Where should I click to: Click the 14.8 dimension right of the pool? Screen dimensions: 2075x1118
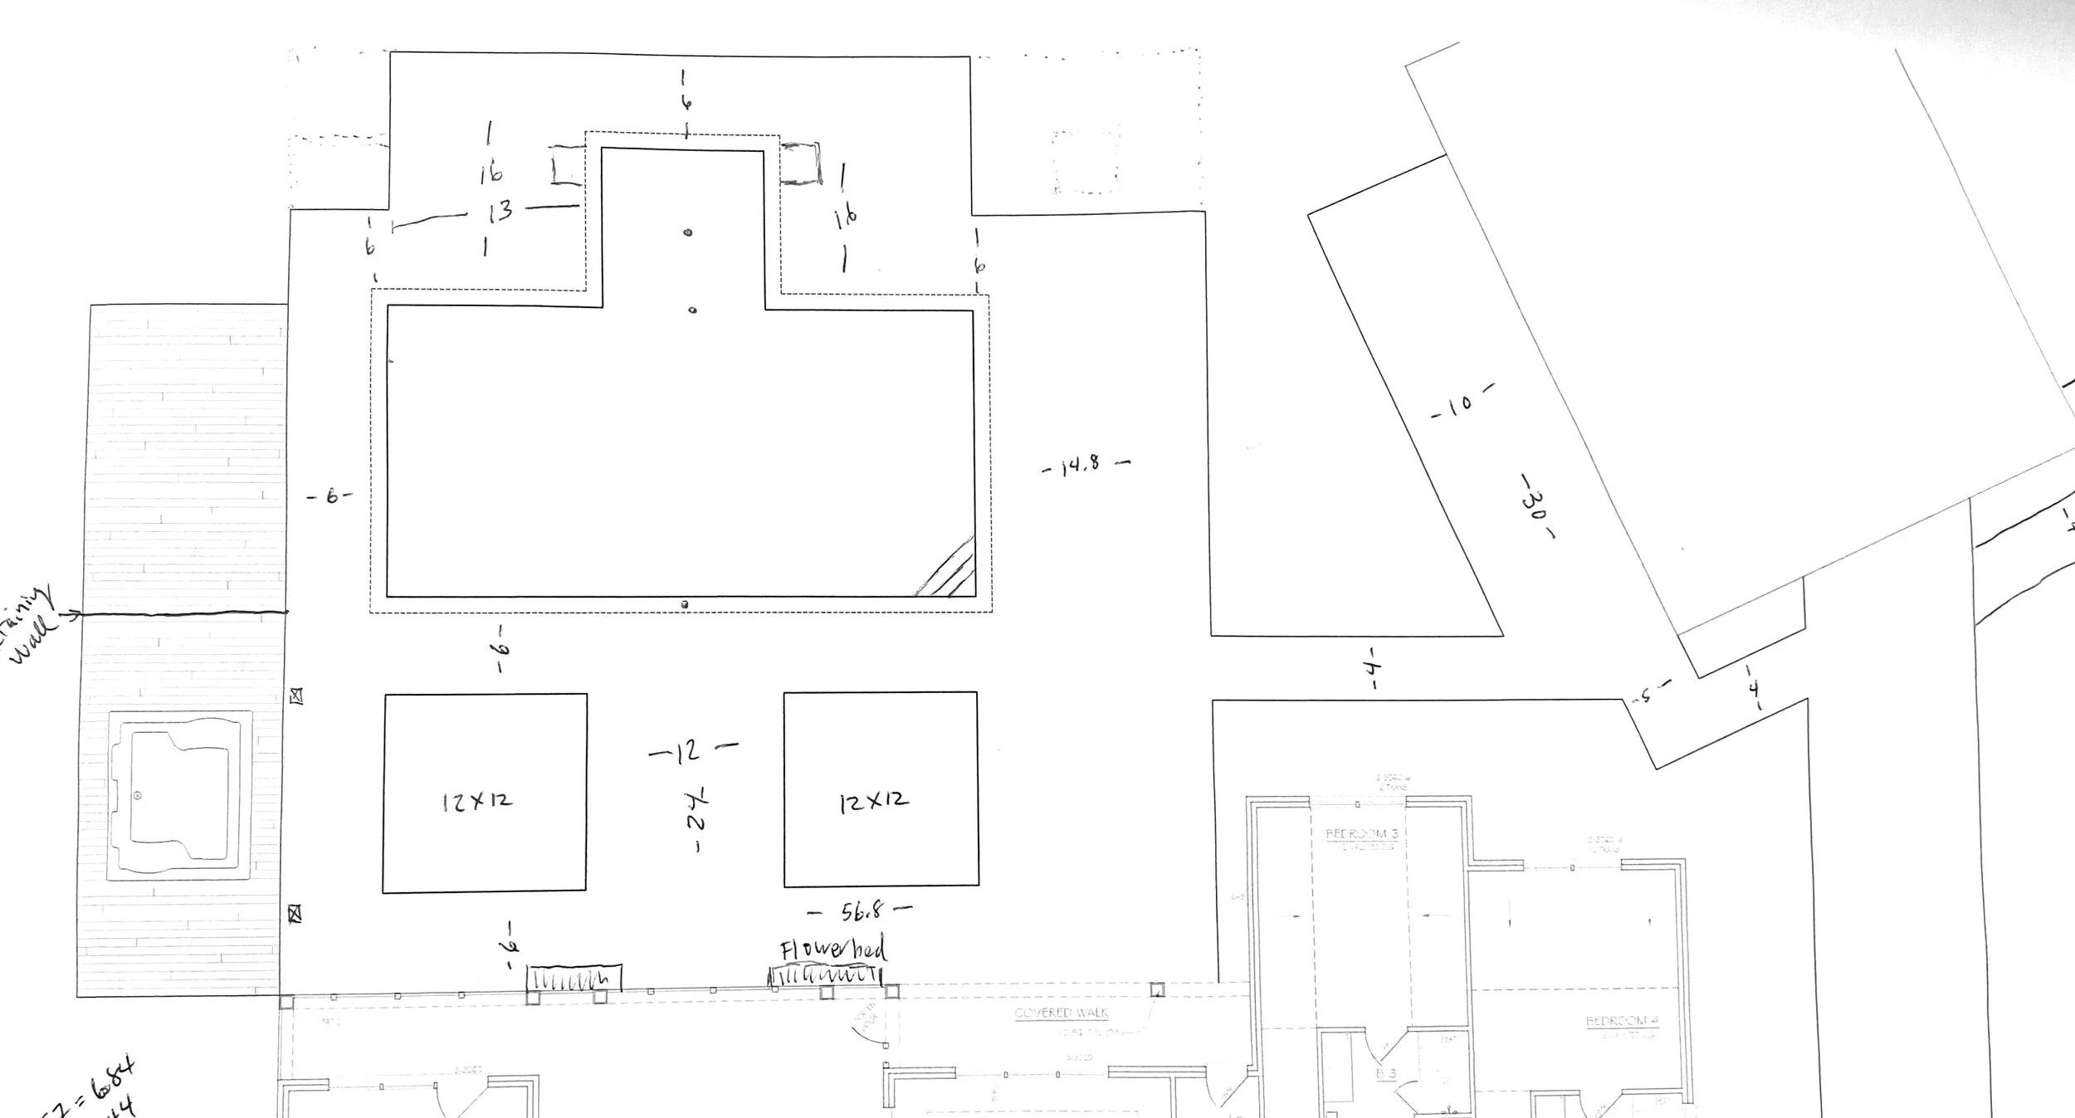pos(1082,466)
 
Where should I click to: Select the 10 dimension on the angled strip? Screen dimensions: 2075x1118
pos(1462,404)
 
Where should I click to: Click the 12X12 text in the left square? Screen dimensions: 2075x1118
pos(477,801)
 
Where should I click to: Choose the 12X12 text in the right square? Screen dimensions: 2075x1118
pos(873,801)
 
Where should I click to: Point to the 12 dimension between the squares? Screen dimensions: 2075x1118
pos(688,751)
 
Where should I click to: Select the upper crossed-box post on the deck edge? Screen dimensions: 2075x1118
pos(296,697)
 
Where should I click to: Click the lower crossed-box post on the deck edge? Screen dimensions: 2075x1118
pos(294,914)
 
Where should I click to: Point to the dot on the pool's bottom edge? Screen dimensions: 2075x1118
pos(684,604)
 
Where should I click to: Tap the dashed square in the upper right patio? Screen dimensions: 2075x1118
pos(1086,161)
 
